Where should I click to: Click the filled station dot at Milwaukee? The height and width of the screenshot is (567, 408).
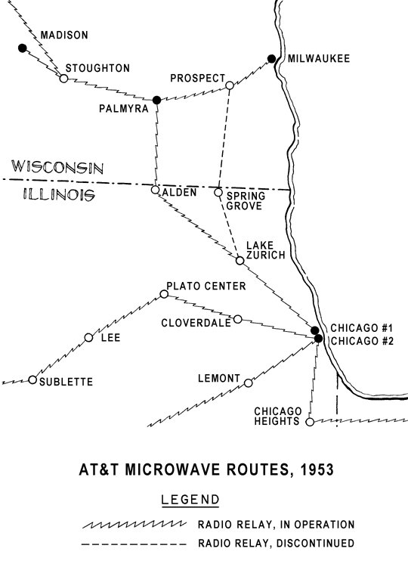click(x=271, y=58)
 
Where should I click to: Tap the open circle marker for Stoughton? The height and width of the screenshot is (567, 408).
click(x=63, y=79)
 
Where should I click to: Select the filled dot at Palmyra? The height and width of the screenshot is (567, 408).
click(x=156, y=100)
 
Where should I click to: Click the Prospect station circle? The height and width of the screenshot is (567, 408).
click(x=230, y=85)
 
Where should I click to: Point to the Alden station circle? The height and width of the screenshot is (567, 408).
click(x=155, y=190)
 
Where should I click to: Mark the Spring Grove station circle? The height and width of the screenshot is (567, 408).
click(x=218, y=192)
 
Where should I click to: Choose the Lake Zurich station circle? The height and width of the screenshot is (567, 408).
click(x=240, y=260)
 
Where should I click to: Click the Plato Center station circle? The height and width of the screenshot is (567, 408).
click(x=164, y=294)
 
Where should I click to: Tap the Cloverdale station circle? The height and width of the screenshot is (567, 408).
click(x=237, y=319)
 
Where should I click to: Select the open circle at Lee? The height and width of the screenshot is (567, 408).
click(x=88, y=338)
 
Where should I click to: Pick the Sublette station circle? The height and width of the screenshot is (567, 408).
click(x=32, y=380)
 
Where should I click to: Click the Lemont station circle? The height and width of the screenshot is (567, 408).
click(x=249, y=383)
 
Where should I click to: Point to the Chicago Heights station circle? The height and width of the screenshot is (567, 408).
click(x=310, y=422)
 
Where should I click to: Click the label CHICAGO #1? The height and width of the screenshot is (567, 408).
click(x=362, y=328)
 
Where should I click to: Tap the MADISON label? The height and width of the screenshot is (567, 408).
click(x=64, y=35)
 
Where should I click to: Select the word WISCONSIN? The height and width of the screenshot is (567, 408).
click(x=58, y=167)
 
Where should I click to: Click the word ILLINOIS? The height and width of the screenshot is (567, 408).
click(x=59, y=194)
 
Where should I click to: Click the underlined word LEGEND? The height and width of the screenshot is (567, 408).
click(x=190, y=500)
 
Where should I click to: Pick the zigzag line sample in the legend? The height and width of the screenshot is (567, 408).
click(x=134, y=525)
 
